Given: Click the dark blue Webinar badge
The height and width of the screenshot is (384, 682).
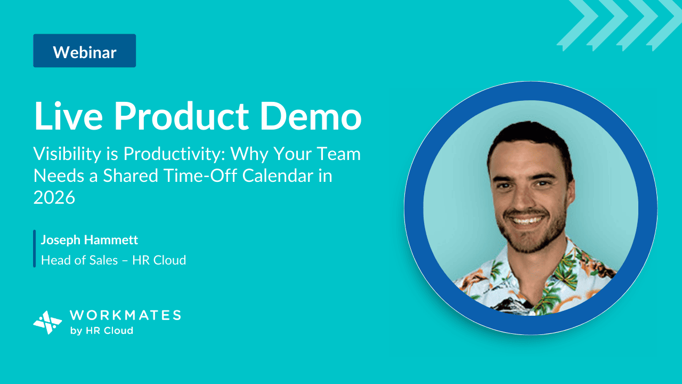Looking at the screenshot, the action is point(85,51).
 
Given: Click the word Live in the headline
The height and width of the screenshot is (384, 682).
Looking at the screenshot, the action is point(68,116).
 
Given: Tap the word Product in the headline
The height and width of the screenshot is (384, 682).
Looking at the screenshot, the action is point(182,116).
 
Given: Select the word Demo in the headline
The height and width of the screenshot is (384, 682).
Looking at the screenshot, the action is point(311,116).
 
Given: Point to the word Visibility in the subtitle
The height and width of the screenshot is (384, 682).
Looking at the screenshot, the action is point(67,154).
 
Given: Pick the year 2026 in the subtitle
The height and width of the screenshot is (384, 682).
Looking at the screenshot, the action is point(54,197).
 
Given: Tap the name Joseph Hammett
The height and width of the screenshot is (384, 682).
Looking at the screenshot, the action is point(89,240).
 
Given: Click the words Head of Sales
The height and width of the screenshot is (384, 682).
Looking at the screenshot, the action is point(79,260).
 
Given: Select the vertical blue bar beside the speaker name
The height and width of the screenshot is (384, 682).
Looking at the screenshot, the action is point(35,249).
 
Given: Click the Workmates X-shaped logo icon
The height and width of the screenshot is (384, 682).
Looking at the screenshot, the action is point(47,323).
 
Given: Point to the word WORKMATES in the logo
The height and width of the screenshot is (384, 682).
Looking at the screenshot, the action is point(125,315).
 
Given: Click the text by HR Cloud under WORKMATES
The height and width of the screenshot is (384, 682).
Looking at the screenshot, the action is point(101,331).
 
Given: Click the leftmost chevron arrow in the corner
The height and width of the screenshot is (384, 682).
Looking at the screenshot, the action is point(573,26).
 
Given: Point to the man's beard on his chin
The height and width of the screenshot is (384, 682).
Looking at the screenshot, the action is point(530,241).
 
